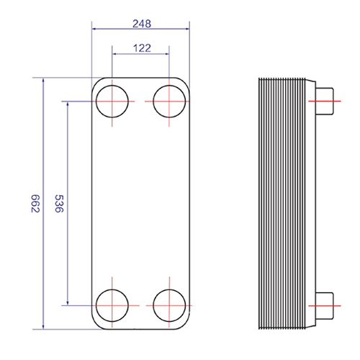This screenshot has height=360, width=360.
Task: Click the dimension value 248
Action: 142,24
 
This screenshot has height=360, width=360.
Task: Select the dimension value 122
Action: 142,48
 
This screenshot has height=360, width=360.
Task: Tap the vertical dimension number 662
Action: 35,204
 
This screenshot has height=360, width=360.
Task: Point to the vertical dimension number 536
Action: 59,204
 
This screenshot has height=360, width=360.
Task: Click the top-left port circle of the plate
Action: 96,102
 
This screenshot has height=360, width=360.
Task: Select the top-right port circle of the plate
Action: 153,102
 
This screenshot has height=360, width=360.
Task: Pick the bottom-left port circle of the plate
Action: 96,305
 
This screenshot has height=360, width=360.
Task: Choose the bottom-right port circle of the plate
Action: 153,305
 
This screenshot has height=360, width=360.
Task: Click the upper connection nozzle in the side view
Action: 325,102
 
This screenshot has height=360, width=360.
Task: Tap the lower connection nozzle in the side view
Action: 325,306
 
